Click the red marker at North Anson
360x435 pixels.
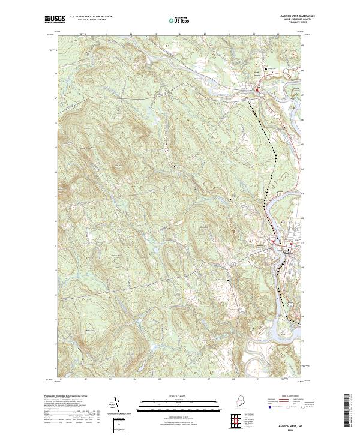(259, 91)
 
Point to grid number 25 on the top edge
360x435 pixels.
(155, 34)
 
